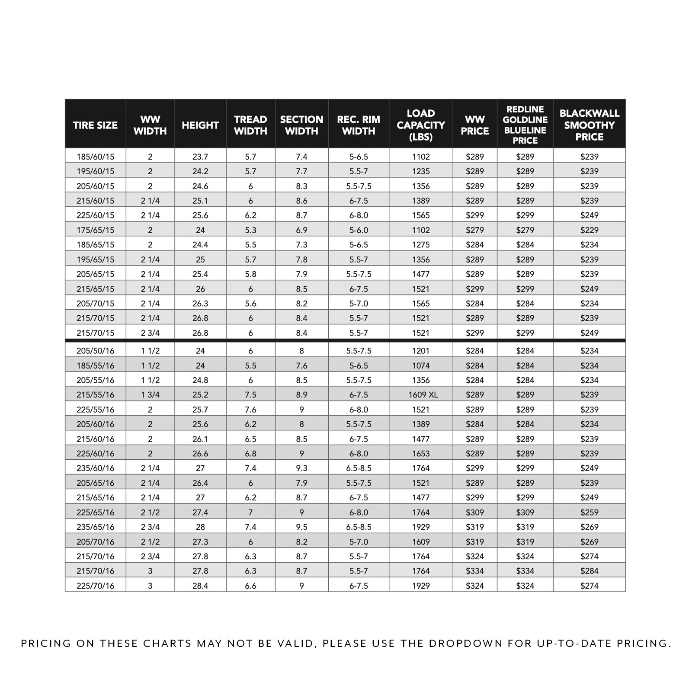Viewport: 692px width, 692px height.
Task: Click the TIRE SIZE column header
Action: [95, 125]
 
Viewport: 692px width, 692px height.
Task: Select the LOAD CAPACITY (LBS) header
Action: [420, 125]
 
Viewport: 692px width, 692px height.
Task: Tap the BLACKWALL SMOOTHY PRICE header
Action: [589, 125]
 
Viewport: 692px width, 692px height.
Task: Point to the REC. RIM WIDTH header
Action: [359, 125]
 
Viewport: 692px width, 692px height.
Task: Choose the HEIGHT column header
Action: [200, 125]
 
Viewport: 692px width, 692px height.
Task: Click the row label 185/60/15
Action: [95, 157]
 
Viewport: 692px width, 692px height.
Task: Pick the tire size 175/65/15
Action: [95, 230]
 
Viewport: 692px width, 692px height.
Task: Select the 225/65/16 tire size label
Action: [95, 512]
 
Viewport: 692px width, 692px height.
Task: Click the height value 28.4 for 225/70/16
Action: [200, 586]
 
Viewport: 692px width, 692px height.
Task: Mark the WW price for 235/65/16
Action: [474, 527]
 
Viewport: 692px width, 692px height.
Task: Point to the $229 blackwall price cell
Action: [589, 230]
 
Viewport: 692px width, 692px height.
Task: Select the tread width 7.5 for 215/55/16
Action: [250, 394]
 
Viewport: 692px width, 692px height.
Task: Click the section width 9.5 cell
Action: [301, 527]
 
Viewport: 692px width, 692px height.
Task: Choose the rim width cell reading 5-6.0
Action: [359, 230]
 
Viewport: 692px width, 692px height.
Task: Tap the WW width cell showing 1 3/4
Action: [150, 394]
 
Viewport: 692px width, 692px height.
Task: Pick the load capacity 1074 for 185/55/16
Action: [420, 365]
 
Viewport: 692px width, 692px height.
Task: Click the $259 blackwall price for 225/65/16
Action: [589, 512]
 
